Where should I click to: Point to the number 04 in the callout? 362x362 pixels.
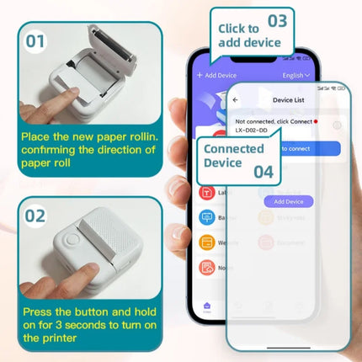(x=264, y=171)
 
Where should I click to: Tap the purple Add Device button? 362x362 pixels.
(x=288, y=202)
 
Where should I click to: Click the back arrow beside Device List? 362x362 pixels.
(x=235, y=99)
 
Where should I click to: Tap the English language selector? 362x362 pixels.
(x=295, y=75)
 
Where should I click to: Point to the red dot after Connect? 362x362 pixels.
(x=315, y=122)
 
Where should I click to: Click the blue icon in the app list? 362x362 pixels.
(x=205, y=217)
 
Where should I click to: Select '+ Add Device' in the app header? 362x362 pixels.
(x=216, y=75)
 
